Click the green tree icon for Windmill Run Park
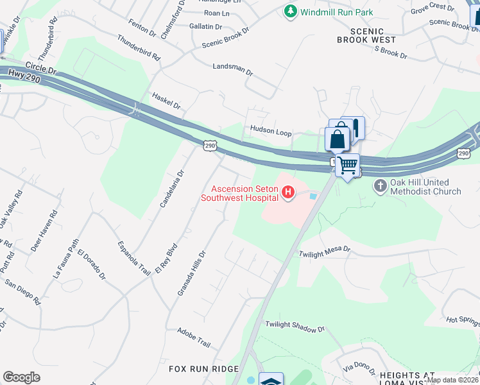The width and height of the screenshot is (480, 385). point(291,12)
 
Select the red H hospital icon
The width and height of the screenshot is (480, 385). point(288,192)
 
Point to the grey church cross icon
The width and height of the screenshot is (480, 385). point(380,186)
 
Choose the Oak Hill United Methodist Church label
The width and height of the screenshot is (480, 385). point(425,187)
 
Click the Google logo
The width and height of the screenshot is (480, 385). point(21,377)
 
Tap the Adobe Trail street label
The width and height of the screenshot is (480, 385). point(194,337)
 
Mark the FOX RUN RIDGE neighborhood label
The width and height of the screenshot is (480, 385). point(203,369)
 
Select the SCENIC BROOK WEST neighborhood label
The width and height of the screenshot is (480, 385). point(370,35)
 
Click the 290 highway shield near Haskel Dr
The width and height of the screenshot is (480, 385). point(209,146)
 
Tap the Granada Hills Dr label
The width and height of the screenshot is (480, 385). point(191,273)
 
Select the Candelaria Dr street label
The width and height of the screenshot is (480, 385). point(171,188)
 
